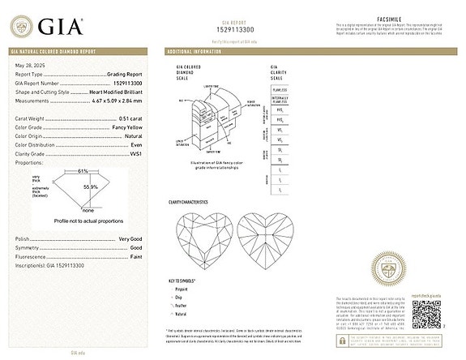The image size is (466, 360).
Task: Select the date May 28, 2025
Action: coord(27,65)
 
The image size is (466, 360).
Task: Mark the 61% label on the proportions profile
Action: coord(83,171)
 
